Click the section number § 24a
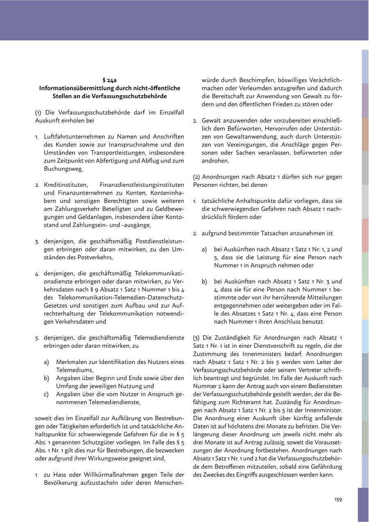(x=109, y=80)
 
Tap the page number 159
(x=338, y=499)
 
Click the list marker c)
(x=47, y=394)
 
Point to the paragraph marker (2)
(x=196, y=177)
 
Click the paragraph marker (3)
(x=196, y=338)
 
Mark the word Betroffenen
(x=241, y=467)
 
